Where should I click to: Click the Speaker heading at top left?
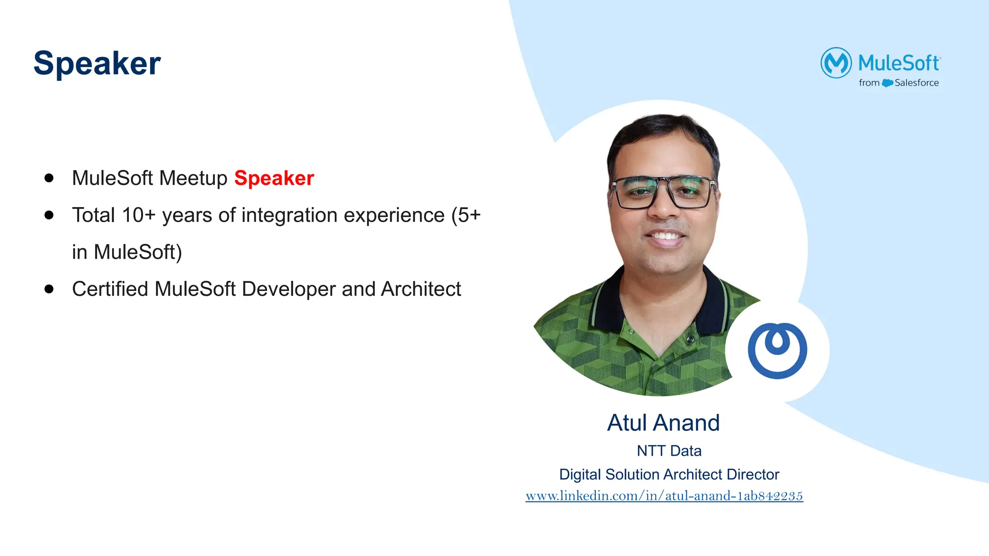point(97,63)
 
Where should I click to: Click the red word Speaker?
point(274,178)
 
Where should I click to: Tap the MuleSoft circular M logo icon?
point(836,63)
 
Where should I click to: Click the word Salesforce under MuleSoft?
point(916,83)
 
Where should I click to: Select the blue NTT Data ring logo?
point(777,351)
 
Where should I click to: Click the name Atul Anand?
point(663,423)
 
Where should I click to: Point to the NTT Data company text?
point(669,451)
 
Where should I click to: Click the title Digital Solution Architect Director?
point(669,474)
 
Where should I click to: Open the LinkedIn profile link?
point(664,496)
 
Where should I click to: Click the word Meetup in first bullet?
point(193,179)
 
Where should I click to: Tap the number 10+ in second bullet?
point(139,215)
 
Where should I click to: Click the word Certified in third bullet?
point(110,289)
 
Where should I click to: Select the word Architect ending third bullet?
point(421,289)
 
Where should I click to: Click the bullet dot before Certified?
point(49,289)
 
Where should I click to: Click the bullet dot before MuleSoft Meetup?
point(49,178)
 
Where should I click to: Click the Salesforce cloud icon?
point(887,83)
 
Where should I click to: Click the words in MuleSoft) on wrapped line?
point(127,252)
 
